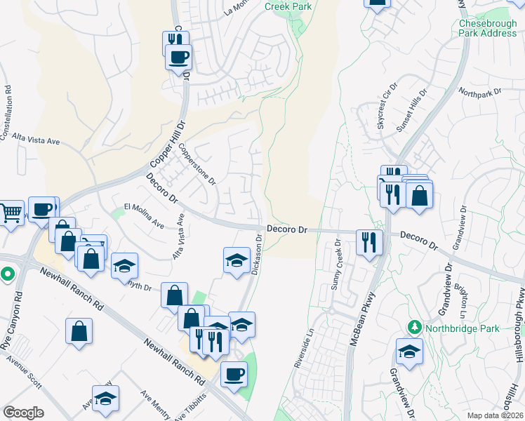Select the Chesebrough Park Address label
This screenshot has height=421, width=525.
487,28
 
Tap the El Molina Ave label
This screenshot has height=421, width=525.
144,215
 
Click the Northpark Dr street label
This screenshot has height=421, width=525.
480,92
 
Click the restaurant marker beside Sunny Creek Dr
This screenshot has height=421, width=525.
368,242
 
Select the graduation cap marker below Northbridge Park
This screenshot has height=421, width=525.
409,351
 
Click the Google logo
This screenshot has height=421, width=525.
23,412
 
